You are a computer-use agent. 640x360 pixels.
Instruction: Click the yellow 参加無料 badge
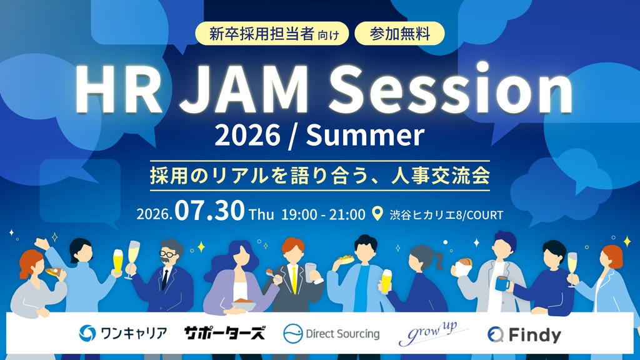click(x=399, y=34)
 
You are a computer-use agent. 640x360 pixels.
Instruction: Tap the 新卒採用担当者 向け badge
click(x=272, y=34)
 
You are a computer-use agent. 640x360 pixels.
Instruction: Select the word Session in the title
click(x=451, y=88)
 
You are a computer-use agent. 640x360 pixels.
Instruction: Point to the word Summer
click(x=365, y=135)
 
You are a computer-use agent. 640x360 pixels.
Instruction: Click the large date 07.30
click(x=210, y=211)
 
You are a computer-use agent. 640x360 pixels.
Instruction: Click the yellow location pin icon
click(x=377, y=214)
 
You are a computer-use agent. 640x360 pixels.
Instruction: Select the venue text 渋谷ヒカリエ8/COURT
click(x=446, y=215)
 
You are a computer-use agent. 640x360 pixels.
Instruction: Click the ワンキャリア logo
click(x=123, y=334)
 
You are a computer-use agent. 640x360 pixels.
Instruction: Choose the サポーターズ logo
click(x=224, y=333)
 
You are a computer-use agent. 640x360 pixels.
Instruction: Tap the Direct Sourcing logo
click(x=331, y=334)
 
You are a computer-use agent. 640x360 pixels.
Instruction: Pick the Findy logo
click(x=524, y=335)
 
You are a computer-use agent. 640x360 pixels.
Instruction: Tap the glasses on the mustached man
click(x=168, y=254)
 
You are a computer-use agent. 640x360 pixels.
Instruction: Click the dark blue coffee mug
click(x=503, y=283)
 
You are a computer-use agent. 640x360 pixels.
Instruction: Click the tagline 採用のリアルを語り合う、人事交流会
click(x=320, y=176)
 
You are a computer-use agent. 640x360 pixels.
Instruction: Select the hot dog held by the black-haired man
click(x=345, y=259)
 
